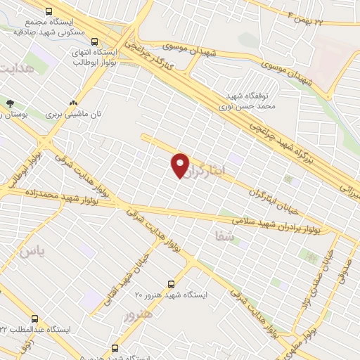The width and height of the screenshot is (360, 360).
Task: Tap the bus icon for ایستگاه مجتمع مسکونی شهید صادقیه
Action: pyautogui.click(x=49, y=11)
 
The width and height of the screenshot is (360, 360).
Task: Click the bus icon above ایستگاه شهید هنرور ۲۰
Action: pyautogui.click(x=171, y=283)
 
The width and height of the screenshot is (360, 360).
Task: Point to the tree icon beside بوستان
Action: pyautogui.click(x=9, y=103)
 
